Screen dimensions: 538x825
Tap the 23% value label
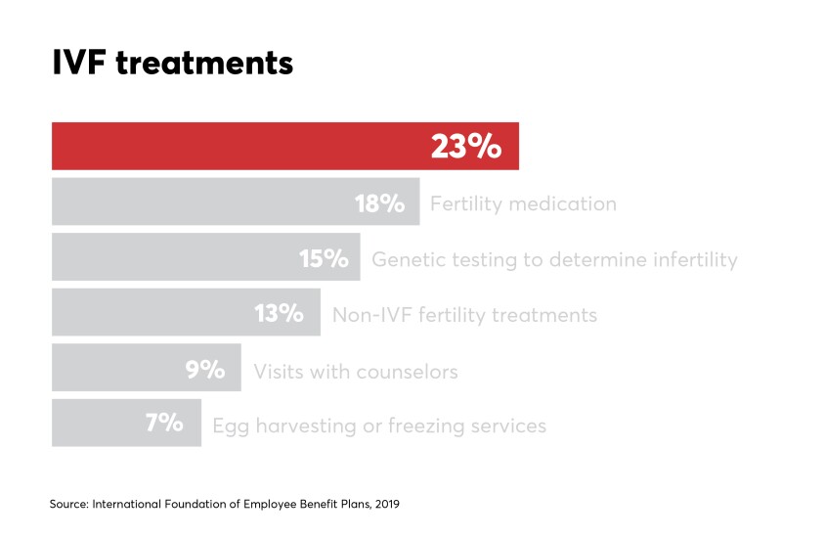point(465,147)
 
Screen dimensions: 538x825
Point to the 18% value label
point(379,203)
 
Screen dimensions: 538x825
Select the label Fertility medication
point(523,204)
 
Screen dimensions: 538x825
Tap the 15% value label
point(324,259)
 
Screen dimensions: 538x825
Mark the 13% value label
point(280,314)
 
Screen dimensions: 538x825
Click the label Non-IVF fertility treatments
point(464,315)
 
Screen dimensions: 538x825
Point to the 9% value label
point(205,370)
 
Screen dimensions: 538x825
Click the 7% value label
point(163,425)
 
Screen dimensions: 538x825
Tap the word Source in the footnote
point(67,505)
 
